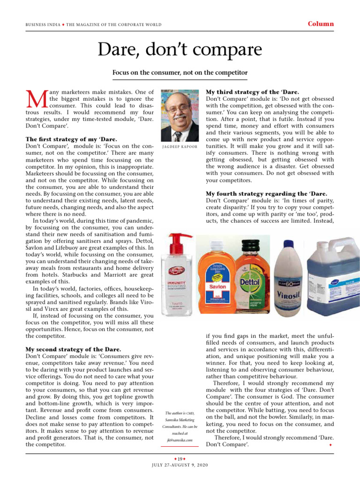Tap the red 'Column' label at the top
tap(321, 24)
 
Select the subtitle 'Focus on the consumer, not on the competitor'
tap(180, 73)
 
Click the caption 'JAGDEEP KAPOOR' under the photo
tap(180, 147)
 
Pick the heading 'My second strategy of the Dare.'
tap(73, 349)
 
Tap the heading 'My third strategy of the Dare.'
tap(253, 92)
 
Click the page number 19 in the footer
tap(180, 458)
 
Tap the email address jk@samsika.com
tap(180, 440)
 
